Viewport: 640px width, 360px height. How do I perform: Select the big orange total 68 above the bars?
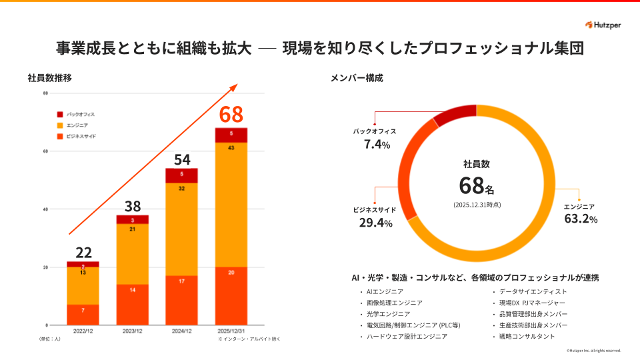click(x=231, y=115)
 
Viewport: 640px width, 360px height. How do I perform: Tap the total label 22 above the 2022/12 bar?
click(x=83, y=252)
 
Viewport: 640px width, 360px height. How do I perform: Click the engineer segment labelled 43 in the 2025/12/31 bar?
click(x=231, y=147)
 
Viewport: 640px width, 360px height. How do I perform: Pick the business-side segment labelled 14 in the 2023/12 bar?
click(x=133, y=289)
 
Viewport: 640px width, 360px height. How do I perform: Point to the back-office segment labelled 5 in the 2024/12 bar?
click(x=181, y=173)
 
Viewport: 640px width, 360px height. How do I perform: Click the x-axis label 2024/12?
click(x=181, y=331)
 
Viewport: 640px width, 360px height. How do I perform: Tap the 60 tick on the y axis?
click(x=45, y=151)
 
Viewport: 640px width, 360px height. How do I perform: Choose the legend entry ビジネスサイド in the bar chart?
click(x=81, y=136)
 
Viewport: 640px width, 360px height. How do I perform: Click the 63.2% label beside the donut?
click(x=581, y=219)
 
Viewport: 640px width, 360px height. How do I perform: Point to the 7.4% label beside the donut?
click(x=377, y=144)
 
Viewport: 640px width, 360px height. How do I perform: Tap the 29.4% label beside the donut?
click(x=375, y=223)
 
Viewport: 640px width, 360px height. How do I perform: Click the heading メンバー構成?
click(x=357, y=78)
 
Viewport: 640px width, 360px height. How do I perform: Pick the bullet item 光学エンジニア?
click(x=389, y=313)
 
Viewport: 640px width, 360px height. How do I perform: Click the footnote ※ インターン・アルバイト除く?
click(x=249, y=339)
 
